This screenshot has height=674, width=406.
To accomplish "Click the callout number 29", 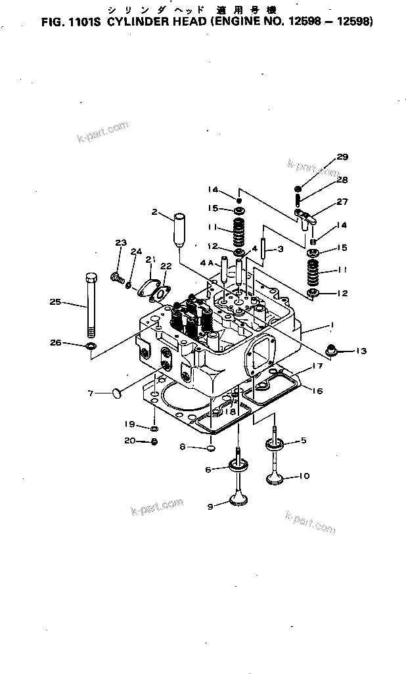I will point(342,156).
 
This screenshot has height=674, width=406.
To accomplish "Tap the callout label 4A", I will point(207,262).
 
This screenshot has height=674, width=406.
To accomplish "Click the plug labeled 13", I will point(332,349).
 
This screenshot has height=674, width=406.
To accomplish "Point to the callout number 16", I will point(317,391).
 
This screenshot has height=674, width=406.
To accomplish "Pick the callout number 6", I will point(208,469).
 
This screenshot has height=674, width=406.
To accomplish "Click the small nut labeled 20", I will point(154,441).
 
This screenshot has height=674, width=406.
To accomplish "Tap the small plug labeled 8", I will point(210,448).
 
